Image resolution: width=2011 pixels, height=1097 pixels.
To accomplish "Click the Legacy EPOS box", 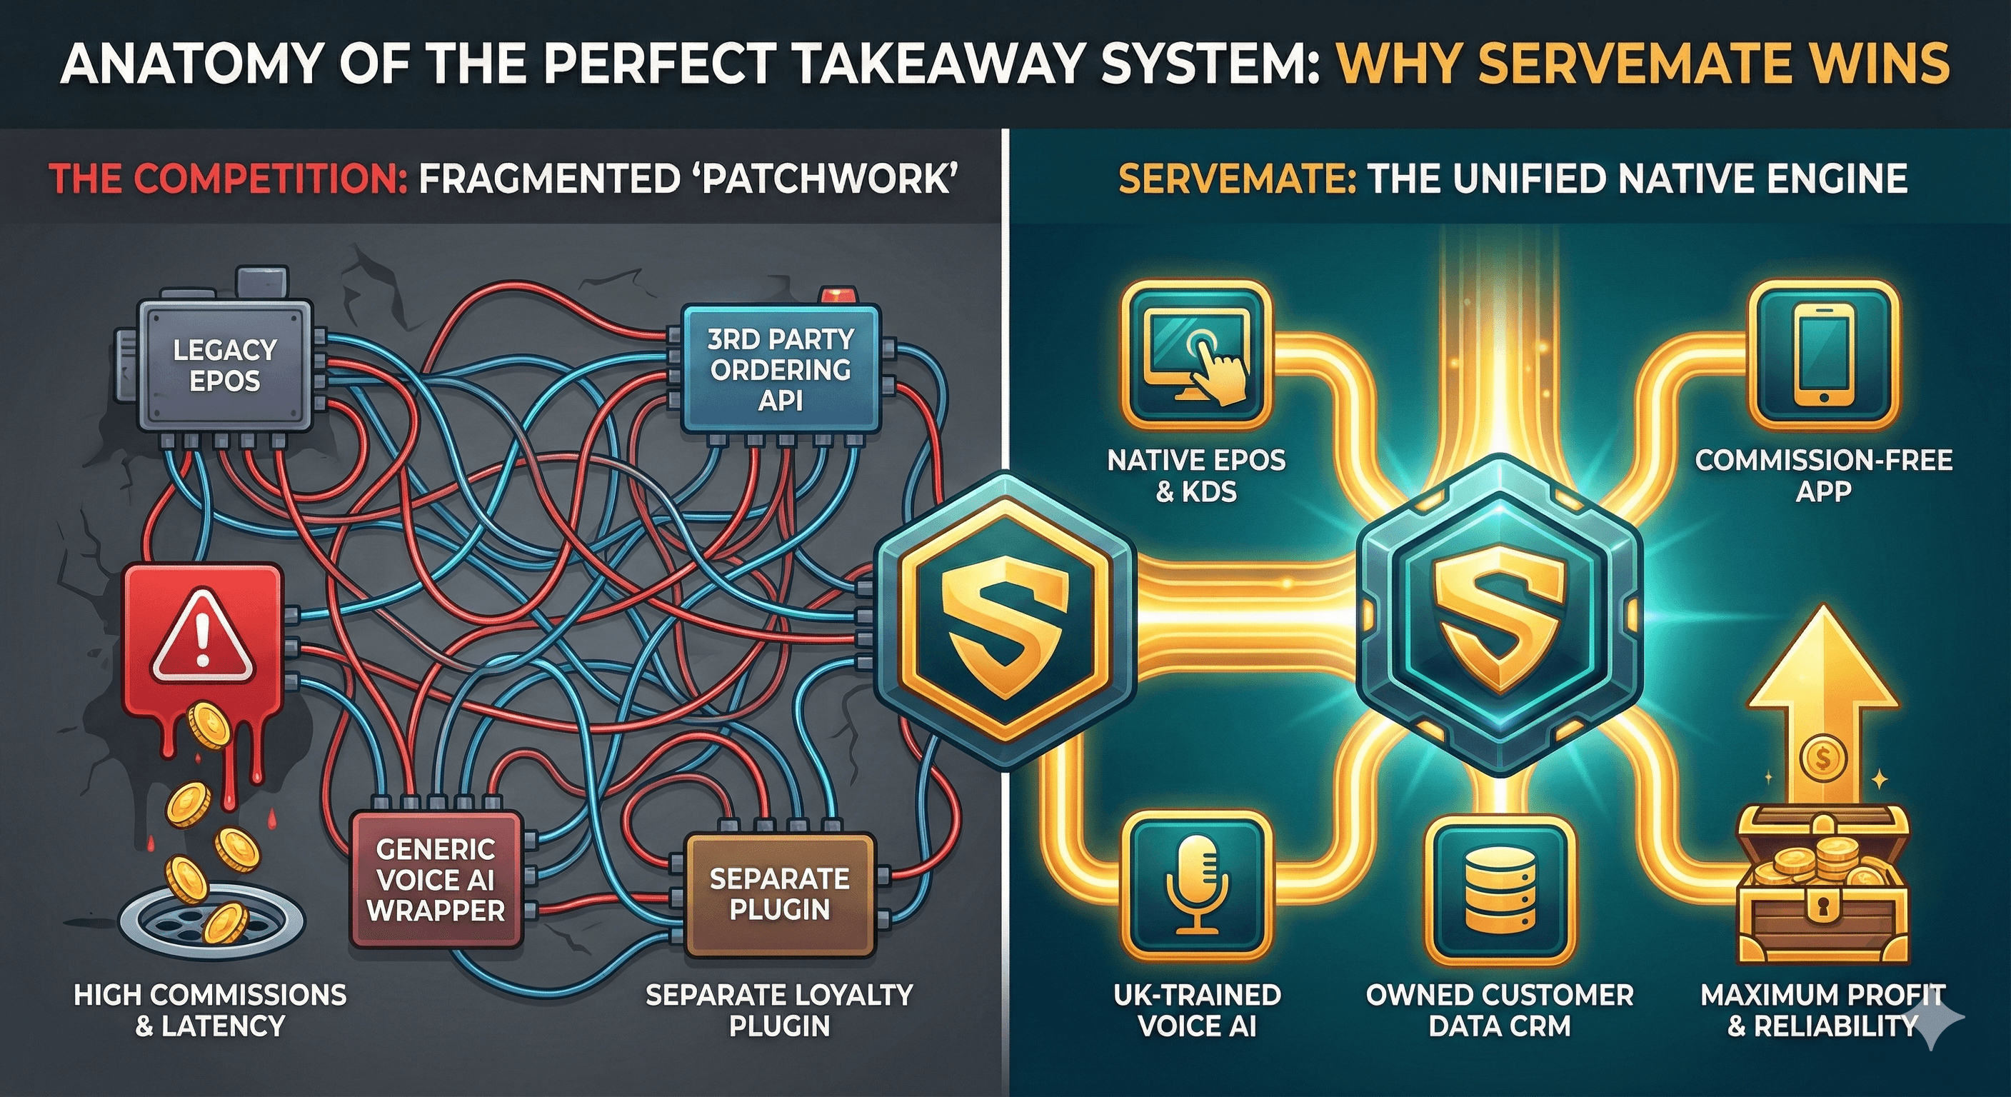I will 225,366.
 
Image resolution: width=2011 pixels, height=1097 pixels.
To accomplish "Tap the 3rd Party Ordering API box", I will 780,369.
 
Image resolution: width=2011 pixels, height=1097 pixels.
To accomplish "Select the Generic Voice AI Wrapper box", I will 436,880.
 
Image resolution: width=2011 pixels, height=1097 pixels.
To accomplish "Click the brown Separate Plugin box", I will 779,894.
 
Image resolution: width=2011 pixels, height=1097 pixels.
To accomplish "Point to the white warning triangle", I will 202,635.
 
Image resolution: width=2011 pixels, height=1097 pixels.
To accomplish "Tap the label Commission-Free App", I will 1824,475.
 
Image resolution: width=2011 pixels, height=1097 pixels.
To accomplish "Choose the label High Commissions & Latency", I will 210,1010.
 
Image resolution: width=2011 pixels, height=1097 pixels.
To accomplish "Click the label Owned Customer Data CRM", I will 1499,1010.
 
